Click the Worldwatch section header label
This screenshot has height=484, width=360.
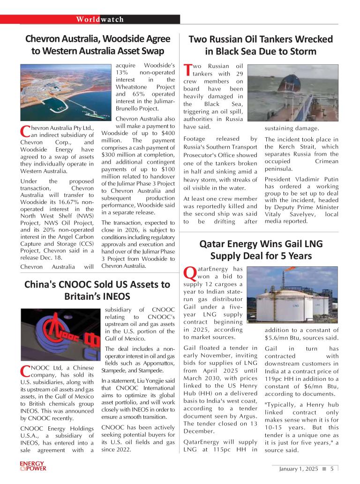coord(100,19)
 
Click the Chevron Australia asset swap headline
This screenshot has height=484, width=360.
coord(97,45)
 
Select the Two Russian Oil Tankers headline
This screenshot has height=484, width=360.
coord(260,45)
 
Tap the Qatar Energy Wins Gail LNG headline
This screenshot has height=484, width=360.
coord(261,250)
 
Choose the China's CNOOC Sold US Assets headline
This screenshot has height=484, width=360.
coord(97,290)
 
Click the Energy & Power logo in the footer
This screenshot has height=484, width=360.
coord(33,466)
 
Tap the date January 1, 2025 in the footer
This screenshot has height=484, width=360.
coord(298,469)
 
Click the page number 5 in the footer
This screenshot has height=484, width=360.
coord(331,469)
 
